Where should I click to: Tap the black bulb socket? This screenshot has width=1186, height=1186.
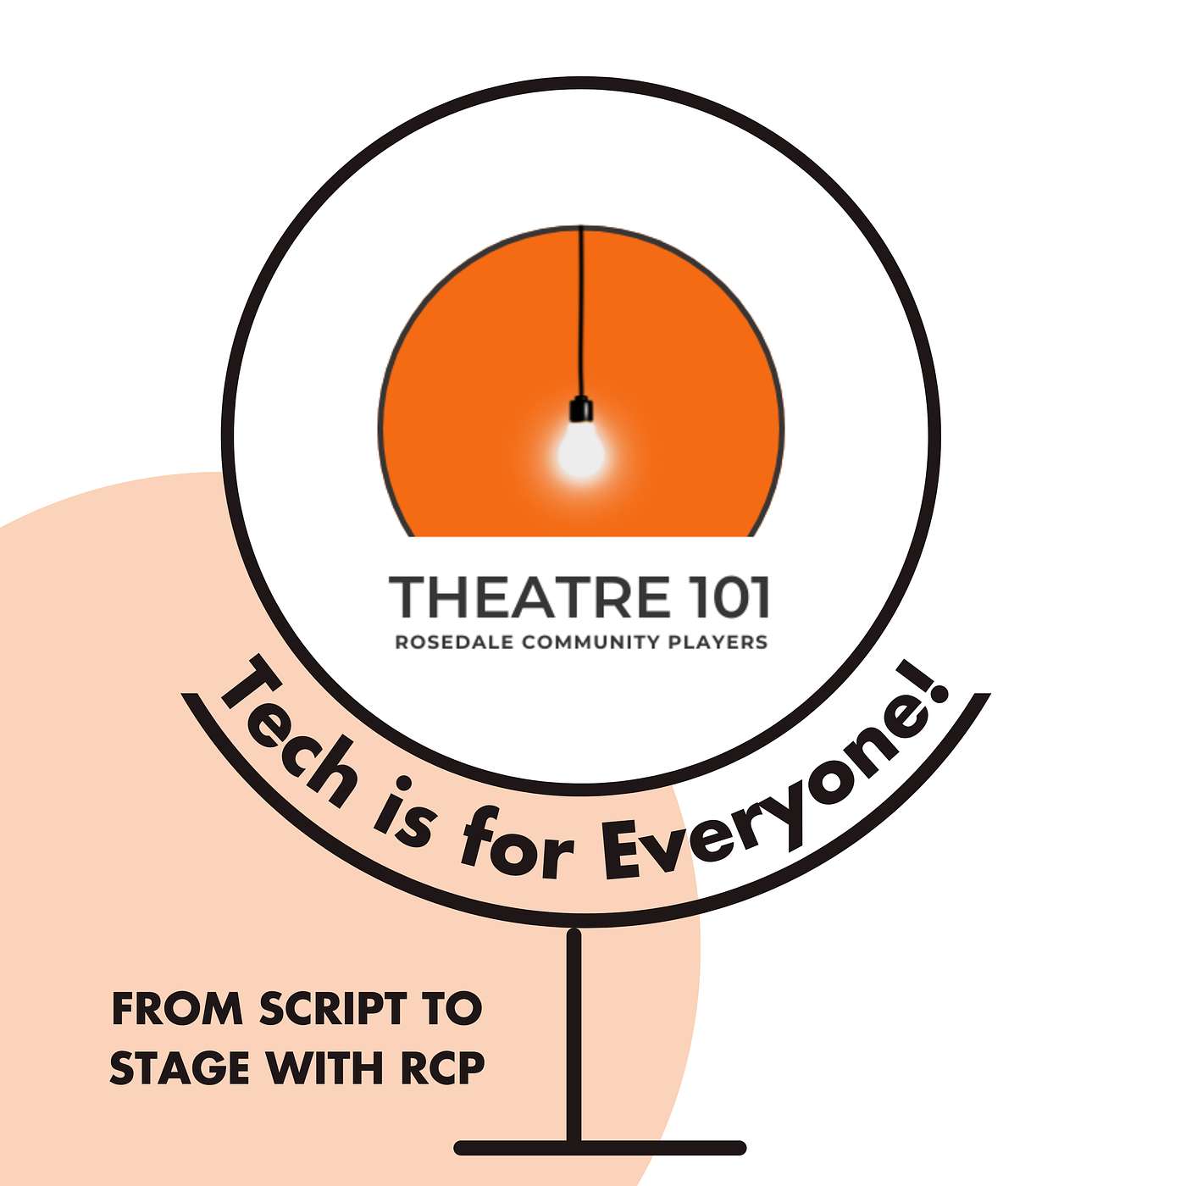[x=581, y=409]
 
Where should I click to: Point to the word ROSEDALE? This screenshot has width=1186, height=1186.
[x=454, y=642]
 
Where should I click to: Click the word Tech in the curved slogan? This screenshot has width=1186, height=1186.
[x=288, y=733]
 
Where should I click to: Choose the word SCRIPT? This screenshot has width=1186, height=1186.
[x=333, y=1009]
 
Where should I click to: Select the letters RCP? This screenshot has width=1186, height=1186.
[x=442, y=1067]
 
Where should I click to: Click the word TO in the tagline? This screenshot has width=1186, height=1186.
[x=452, y=1009]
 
